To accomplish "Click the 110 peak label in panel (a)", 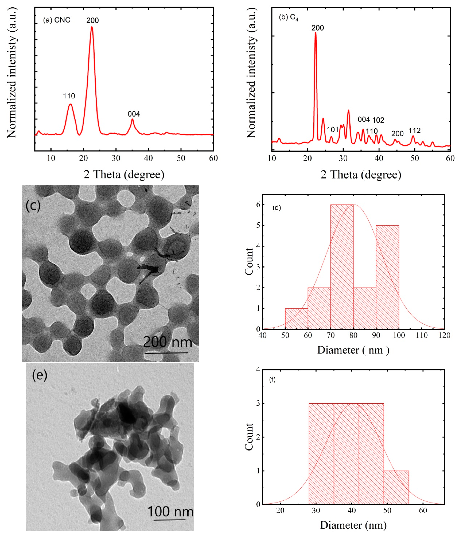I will pyautogui.click(x=69, y=96).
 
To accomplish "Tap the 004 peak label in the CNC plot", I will pyautogui.click(x=134, y=114).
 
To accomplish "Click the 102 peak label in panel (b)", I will pyautogui.click(x=378, y=120).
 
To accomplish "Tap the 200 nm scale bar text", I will pyautogui.click(x=168, y=342).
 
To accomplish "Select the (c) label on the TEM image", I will pyautogui.click(x=33, y=206).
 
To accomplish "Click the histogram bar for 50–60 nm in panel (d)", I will pyautogui.click(x=296, y=319).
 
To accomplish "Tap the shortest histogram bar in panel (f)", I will pyautogui.click(x=396, y=487).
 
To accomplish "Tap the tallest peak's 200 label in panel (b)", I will pyautogui.click(x=318, y=28).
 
